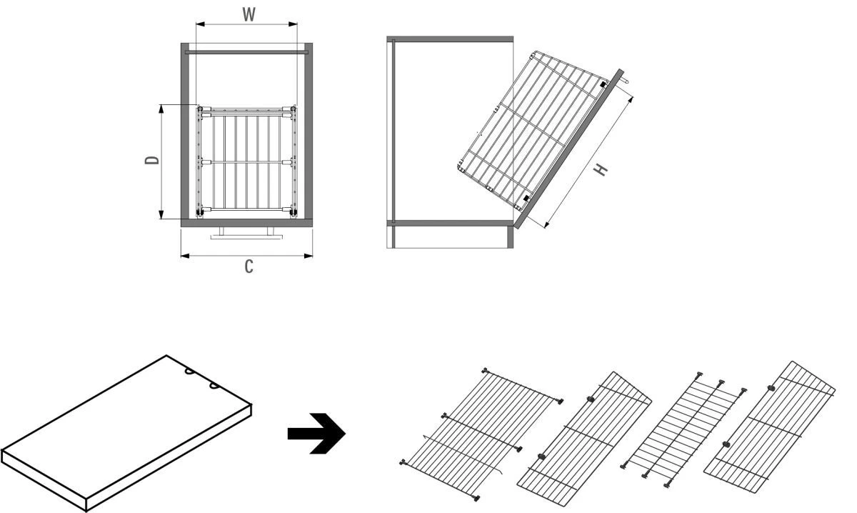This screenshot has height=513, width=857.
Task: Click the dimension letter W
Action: pyautogui.click(x=248, y=14)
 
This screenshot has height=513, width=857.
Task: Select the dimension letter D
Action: pyautogui.click(x=151, y=161)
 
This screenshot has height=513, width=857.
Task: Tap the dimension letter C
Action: pyautogui.click(x=248, y=267)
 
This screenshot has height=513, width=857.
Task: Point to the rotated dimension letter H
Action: pyautogui.click(x=602, y=169)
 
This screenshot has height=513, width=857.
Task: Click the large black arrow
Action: pyautogui.click(x=316, y=433)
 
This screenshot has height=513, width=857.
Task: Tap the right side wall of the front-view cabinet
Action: pyautogui.click(x=308, y=132)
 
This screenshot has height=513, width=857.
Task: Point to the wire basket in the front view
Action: pyautogui.click(x=246, y=161)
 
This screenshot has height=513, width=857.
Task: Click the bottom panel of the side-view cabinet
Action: pyautogui.click(x=450, y=223)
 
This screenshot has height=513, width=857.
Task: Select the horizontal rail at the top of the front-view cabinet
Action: pyautogui.click(x=247, y=52)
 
